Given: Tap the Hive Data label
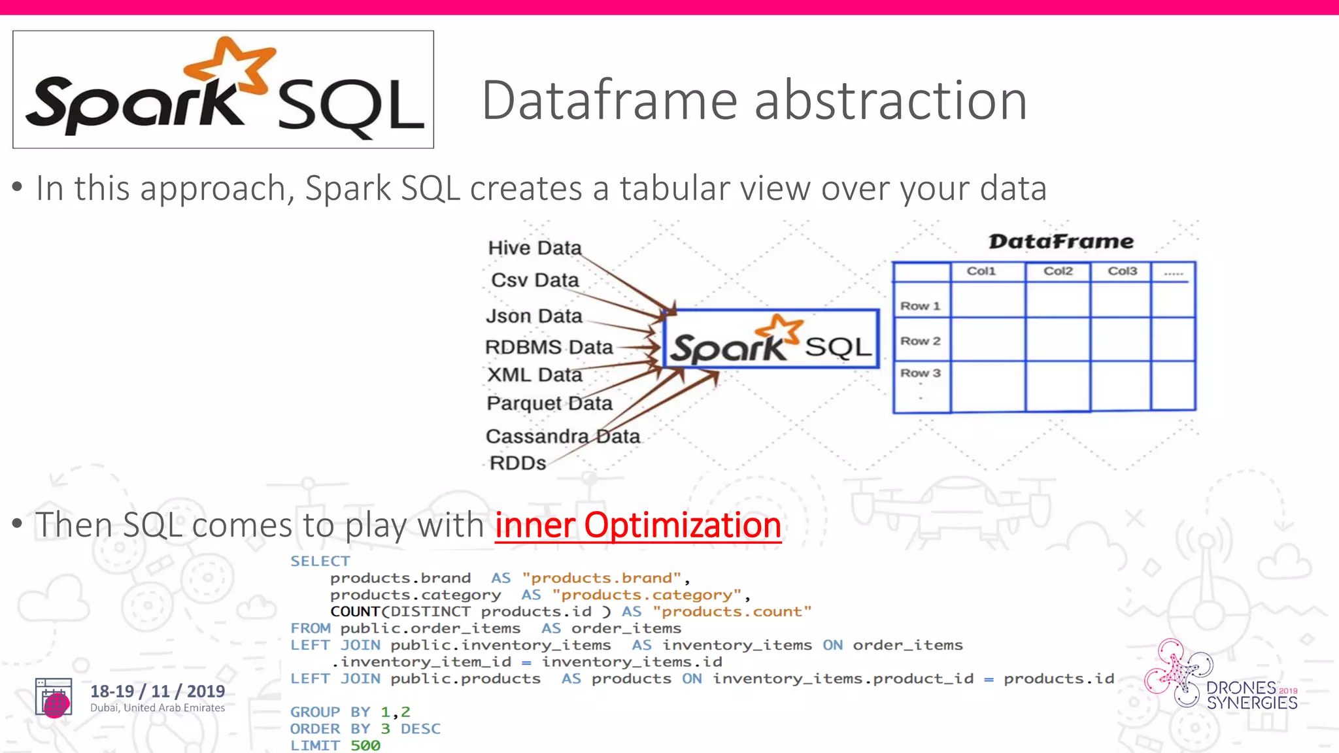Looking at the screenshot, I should coord(534,248).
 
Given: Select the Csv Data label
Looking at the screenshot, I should coord(535,280).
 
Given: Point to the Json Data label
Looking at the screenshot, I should coord(534,316).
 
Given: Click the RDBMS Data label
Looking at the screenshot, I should coord(549,347).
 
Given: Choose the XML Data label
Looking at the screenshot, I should coord(534,375).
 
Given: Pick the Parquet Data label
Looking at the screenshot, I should coord(549,403).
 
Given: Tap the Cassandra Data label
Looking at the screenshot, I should coord(562,436).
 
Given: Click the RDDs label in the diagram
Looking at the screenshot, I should coord(517,463).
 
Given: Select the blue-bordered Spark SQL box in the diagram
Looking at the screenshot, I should coord(771,339).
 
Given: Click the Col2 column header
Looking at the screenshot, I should coord(1058,271).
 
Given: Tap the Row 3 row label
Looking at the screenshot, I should coord(920,373).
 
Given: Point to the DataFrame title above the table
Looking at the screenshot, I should coord(1060,241).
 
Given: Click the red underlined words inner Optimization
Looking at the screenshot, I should coord(637,525).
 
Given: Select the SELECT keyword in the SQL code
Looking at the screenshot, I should coord(320,561).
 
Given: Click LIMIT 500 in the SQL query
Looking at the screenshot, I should coord(335,745).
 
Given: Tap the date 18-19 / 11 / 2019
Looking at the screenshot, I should coord(158,691).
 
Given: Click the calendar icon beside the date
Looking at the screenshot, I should coord(54,697).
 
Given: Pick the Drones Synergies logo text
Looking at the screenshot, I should coord(1251,695).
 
